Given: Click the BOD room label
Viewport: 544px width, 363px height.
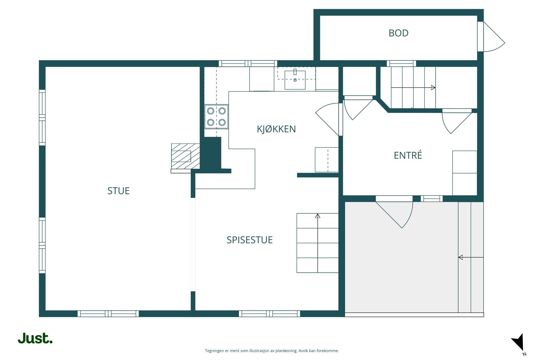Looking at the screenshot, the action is pos(398,33).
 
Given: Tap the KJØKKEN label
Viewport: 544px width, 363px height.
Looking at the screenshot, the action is pos(276,129).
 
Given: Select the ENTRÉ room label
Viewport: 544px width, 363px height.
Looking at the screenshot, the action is pos(408,155).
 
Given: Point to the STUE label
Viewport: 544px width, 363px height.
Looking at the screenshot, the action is pos(119,191).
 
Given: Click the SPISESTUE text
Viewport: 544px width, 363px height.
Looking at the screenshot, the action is pos(250,240).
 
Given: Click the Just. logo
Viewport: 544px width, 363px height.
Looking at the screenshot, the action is pos(35,338).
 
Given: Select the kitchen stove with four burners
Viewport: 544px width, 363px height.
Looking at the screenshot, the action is pos(216,117).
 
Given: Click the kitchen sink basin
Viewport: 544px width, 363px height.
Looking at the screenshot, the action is pos(295,80).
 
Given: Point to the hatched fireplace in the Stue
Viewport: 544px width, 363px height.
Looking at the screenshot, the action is pos(186,156).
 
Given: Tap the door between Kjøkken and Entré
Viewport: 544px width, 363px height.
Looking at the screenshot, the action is pos(327,119).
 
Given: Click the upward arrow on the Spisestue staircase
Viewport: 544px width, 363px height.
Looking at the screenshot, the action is pos(318,243).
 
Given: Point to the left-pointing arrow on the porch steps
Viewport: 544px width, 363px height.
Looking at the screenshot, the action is pos(471,257).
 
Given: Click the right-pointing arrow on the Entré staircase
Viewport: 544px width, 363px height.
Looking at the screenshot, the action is pos(413,87).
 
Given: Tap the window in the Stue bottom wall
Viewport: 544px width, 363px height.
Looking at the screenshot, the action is pos(108,314).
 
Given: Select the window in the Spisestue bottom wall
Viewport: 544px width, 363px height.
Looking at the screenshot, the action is pos(270,314).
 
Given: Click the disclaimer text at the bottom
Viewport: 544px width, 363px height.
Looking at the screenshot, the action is pos(272,351).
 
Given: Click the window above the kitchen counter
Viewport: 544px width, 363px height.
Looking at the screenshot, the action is pos(248,64).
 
